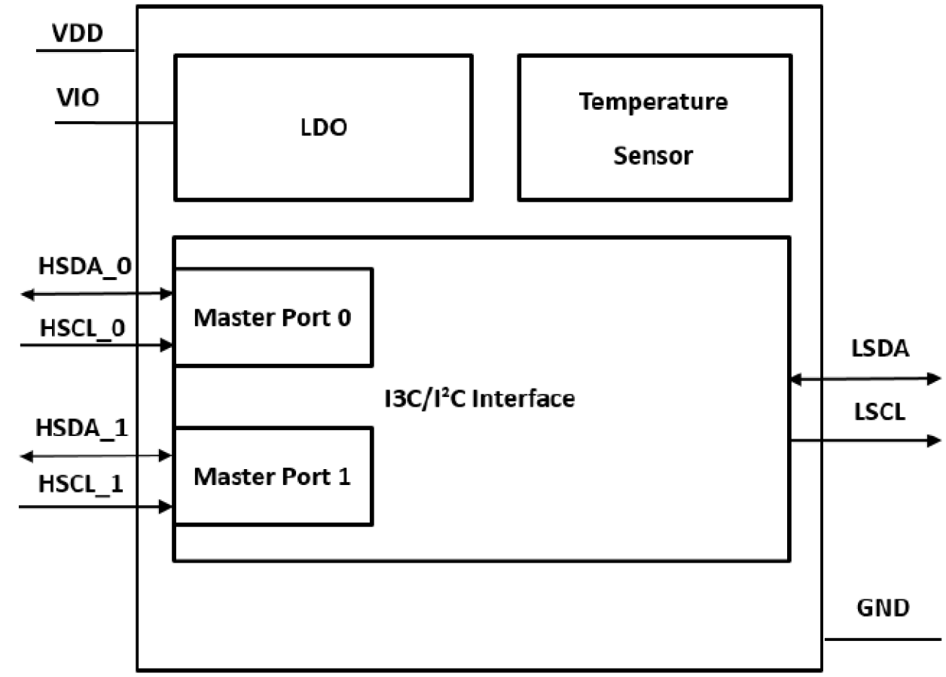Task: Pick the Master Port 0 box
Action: (x=273, y=318)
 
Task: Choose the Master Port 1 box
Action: (x=273, y=476)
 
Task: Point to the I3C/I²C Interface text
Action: (x=478, y=397)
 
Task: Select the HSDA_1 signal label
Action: (x=82, y=427)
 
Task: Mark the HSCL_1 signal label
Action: (x=81, y=485)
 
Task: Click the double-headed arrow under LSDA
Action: (x=865, y=380)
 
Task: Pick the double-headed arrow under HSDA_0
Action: (x=96, y=294)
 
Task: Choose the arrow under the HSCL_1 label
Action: (x=96, y=507)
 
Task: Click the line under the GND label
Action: (x=882, y=639)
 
